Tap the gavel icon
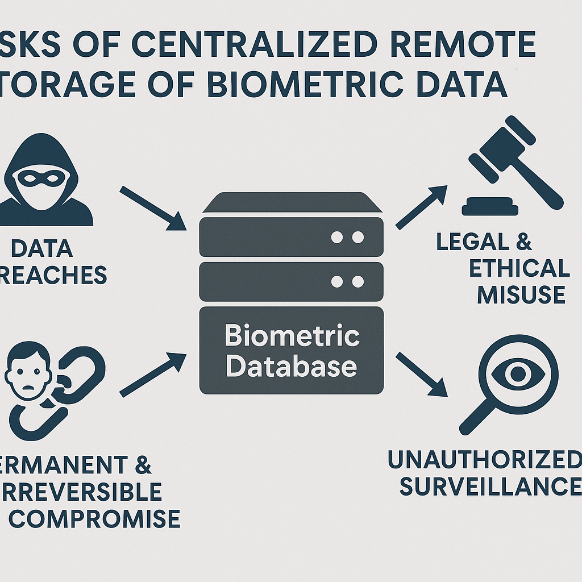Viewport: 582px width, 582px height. (512, 165)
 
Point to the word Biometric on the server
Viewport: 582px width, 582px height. (292, 336)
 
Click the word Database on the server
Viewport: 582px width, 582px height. (291, 367)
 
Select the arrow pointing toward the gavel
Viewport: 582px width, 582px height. (421, 207)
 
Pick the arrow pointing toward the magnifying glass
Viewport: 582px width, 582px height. (422, 373)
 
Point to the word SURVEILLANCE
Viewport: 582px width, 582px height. (490, 487)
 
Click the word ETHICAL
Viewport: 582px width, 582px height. (519, 268)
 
